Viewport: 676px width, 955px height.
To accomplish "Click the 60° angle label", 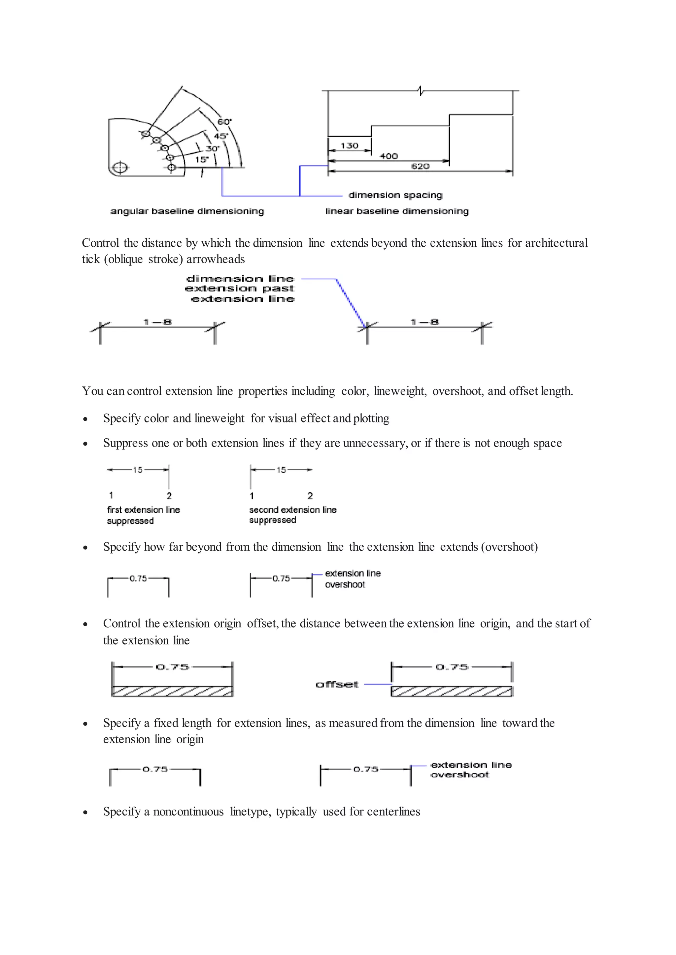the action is (224, 122).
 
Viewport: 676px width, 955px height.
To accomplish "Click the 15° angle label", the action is (201, 159).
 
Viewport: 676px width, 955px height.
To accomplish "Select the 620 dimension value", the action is (420, 167).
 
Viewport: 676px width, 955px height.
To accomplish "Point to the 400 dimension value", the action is (389, 156).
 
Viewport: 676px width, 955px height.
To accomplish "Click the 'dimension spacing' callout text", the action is (395, 195).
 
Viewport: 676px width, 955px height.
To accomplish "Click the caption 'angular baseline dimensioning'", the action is (187, 211).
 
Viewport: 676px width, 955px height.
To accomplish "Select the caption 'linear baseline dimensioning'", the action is (397, 211).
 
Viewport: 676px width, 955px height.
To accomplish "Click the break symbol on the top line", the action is (421, 90).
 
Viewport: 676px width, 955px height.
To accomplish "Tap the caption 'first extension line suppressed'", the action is (143, 515).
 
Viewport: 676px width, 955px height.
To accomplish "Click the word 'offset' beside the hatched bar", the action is (337, 684).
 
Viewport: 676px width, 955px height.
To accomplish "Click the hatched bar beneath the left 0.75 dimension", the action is (172, 691).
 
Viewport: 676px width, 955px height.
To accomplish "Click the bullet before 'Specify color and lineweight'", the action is (85, 419).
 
